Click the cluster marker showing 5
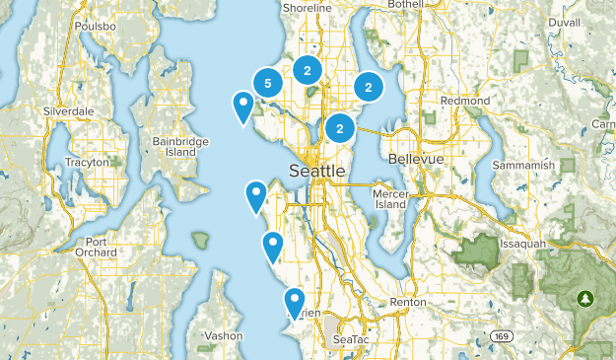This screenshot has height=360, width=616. [268, 83]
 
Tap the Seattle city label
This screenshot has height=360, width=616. [317, 172]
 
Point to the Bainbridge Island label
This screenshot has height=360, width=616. [180, 147]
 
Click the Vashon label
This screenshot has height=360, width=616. [223, 336]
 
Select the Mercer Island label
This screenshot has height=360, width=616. [390, 199]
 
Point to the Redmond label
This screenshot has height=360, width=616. [466, 102]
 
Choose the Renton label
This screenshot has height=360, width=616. [407, 302]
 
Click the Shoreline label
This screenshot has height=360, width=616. [307, 8]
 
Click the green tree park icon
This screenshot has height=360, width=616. [587, 297]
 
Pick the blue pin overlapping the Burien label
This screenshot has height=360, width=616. [293, 300]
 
